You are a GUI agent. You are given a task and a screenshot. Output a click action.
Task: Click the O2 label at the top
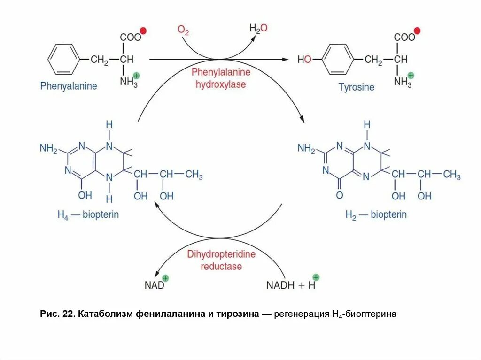183,31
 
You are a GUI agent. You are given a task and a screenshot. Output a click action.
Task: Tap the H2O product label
258,29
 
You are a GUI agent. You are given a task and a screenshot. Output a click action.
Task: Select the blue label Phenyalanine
69,86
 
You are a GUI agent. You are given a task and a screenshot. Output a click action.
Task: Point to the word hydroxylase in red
221,84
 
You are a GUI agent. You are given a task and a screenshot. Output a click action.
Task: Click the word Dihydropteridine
221,255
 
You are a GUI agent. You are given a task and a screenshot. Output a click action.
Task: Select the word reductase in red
221,266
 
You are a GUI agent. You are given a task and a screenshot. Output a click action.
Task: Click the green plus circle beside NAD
165,277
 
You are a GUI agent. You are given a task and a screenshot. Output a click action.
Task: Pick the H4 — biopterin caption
88,214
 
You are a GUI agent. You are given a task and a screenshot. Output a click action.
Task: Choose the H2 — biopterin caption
376,215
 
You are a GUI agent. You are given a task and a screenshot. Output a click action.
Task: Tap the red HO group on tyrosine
304,60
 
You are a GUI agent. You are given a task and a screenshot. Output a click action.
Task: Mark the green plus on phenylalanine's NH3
136,75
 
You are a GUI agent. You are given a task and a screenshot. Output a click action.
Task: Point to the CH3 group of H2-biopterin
452,175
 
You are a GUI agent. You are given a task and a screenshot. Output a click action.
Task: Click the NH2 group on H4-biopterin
48,148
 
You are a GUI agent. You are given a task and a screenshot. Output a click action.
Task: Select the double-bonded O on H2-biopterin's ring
340,194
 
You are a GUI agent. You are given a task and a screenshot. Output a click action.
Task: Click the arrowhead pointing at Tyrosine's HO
285,60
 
